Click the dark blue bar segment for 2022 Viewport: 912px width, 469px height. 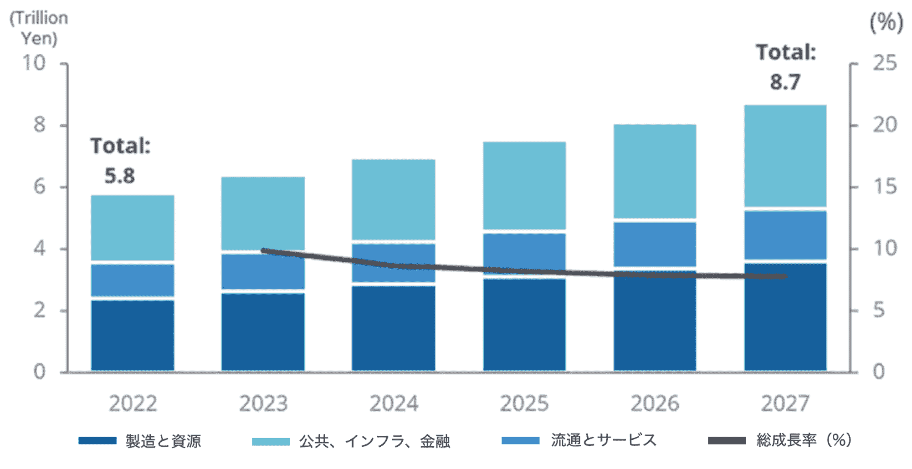133,335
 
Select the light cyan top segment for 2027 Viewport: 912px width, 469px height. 785,156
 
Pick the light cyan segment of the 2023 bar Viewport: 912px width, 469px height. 263,213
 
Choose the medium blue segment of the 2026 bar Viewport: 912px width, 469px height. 655,244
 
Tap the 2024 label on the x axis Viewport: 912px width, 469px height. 394,403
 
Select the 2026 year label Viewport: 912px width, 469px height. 655,403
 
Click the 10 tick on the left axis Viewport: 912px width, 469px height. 34,63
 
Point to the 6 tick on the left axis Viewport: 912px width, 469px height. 40,187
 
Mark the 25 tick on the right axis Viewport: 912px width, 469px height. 885,63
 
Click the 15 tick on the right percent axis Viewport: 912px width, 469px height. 885,187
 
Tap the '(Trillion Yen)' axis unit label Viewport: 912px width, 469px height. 39,28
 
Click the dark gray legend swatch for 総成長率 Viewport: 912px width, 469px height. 727,440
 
